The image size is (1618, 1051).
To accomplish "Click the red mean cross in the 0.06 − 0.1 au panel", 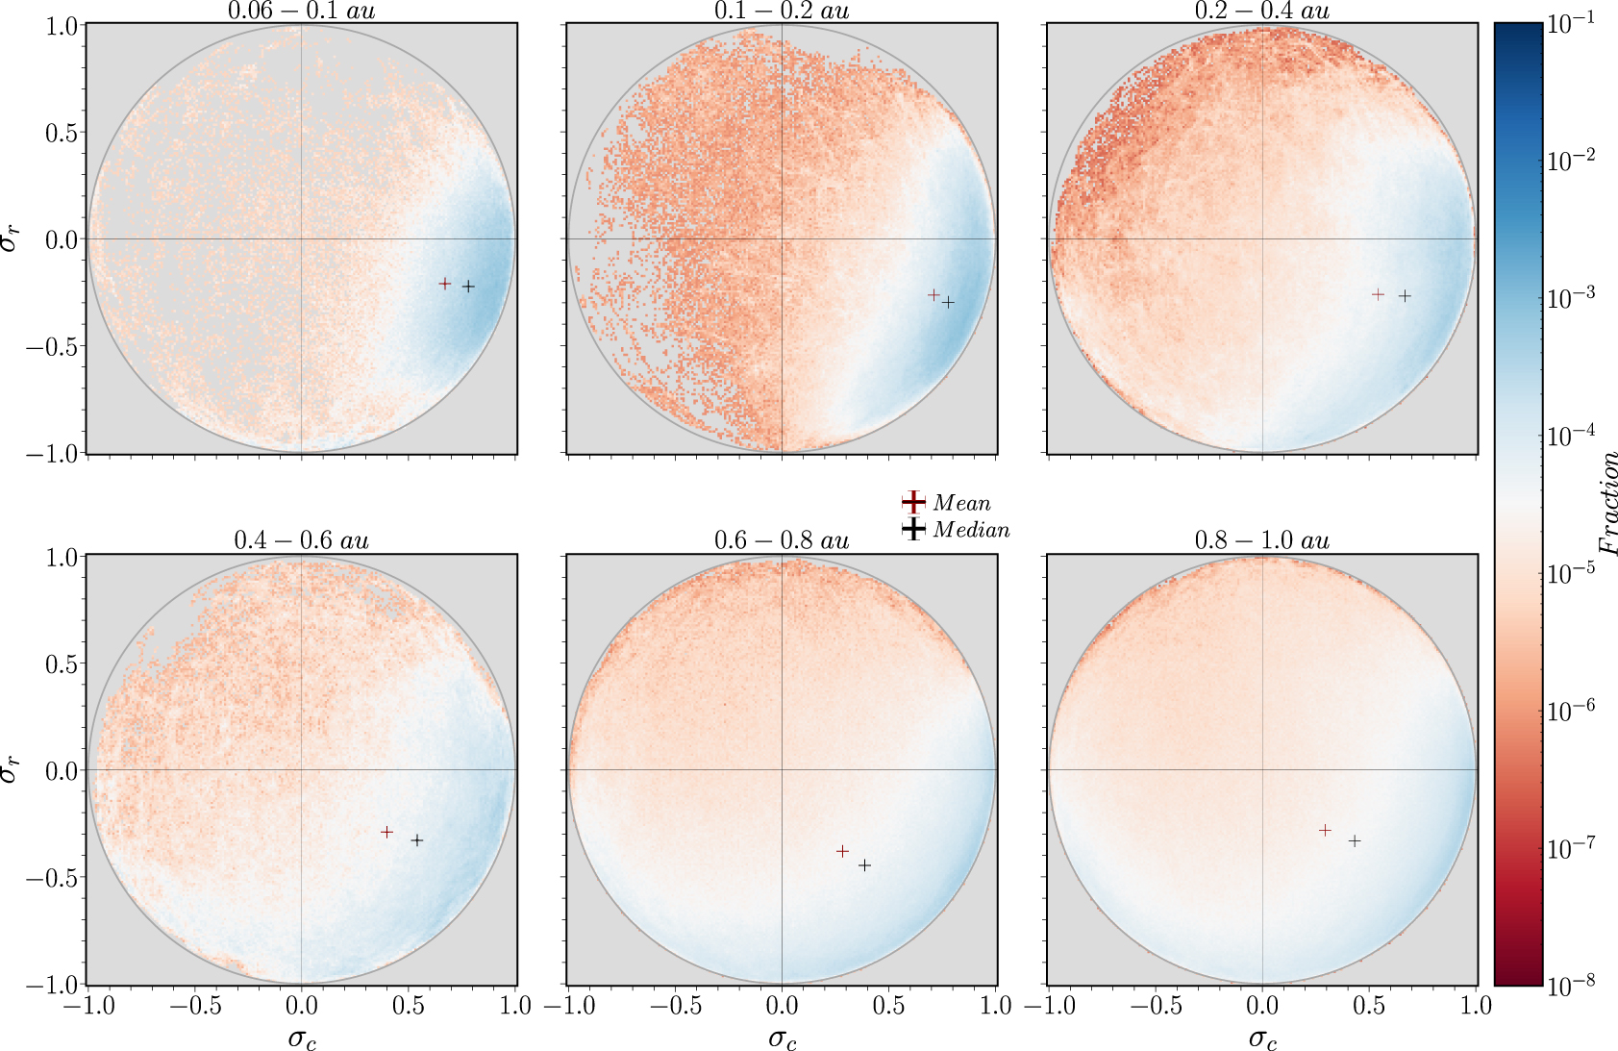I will pyautogui.click(x=445, y=284).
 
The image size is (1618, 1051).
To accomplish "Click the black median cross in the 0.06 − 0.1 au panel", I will pyautogui.click(x=468, y=287).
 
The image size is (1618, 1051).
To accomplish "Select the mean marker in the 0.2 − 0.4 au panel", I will pyautogui.click(x=1379, y=294).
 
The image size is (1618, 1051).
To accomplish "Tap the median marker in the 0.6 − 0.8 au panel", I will pyautogui.click(x=864, y=865).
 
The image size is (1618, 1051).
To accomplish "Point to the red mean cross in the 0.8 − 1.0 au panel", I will pyautogui.click(x=1326, y=830).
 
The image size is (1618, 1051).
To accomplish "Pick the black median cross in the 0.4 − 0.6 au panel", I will pyautogui.click(x=417, y=840).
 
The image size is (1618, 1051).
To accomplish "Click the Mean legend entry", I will pyautogui.click(x=960, y=503).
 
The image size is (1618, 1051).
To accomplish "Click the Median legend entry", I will pyautogui.click(x=970, y=530).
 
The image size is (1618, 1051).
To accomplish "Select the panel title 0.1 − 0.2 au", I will pyautogui.click(x=782, y=11).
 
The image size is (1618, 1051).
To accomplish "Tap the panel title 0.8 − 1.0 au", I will pyautogui.click(x=1261, y=540).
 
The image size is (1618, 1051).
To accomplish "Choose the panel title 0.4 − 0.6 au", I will pyautogui.click(x=301, y=540).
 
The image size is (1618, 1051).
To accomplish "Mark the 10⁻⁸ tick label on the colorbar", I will pyautogui.click(x=1571, y=983).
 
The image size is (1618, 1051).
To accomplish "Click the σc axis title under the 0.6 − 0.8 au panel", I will pyautogui.click(x=782, y=1038).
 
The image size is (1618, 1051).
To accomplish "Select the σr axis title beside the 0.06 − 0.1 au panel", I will pyautogui.click(x=10, y=238).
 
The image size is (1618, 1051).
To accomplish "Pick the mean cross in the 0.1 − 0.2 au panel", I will pyautogui.click(x=933, y=295).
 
